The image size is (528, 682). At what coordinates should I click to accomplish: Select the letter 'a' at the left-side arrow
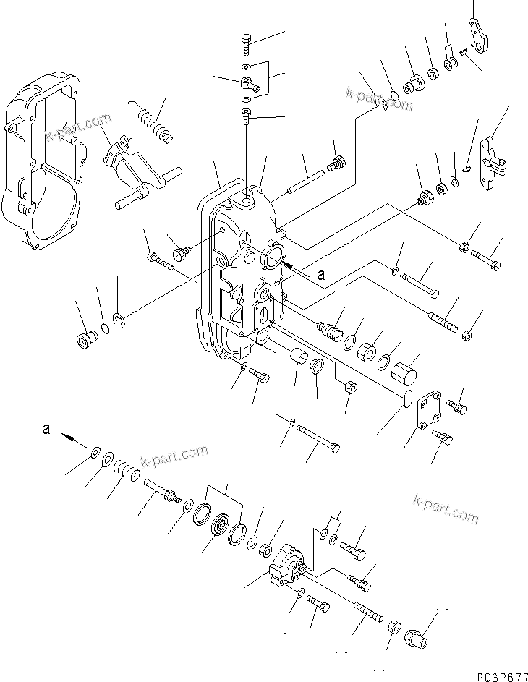(46, 429)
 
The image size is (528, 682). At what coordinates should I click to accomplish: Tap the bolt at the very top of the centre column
(244, 43)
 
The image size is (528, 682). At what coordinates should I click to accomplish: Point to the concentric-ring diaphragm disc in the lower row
(219, 527)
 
